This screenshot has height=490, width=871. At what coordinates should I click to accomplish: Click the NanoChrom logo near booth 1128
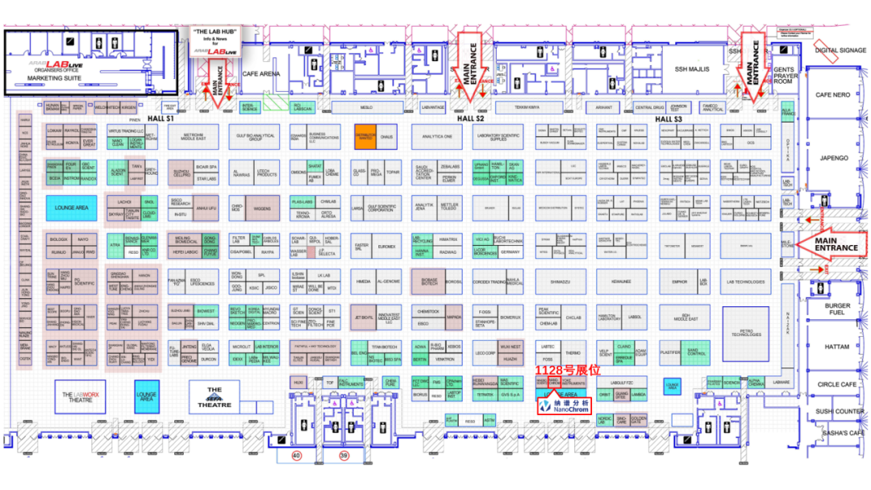[569, 405]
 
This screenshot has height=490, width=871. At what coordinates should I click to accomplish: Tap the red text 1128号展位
[569, 370]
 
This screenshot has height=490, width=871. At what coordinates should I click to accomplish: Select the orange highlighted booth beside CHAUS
[365, 137]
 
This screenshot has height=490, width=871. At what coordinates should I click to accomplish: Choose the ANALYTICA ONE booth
[436, 137]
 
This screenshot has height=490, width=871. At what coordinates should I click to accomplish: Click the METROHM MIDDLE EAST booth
[194, 137]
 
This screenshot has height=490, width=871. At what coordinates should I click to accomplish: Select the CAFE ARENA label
[261, 73]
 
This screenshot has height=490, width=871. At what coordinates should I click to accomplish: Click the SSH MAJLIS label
[691, 69]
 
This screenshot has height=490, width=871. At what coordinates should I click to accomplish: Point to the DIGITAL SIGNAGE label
[840, 49]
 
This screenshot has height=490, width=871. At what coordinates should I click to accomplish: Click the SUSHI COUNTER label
[838, 411]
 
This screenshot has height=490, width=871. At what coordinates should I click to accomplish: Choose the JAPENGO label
[833, 158]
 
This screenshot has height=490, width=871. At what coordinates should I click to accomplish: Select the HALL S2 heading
[470, 118]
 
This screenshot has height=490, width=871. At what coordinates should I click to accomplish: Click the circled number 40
[296, 456]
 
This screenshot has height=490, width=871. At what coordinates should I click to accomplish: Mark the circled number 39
[344, 456]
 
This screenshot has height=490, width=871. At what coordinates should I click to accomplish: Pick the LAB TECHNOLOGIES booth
[745, 281]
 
